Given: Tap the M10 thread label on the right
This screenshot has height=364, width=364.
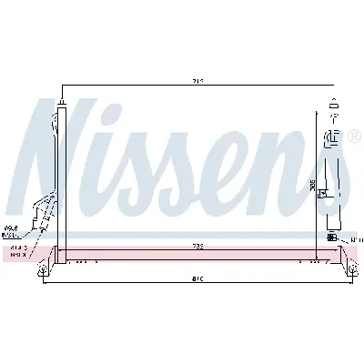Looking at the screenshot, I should [x=355, y=239].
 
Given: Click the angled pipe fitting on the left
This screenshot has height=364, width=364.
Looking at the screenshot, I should [x=40, y=213].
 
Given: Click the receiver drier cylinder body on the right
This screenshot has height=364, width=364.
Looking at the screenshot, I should [x=334, y=182].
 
